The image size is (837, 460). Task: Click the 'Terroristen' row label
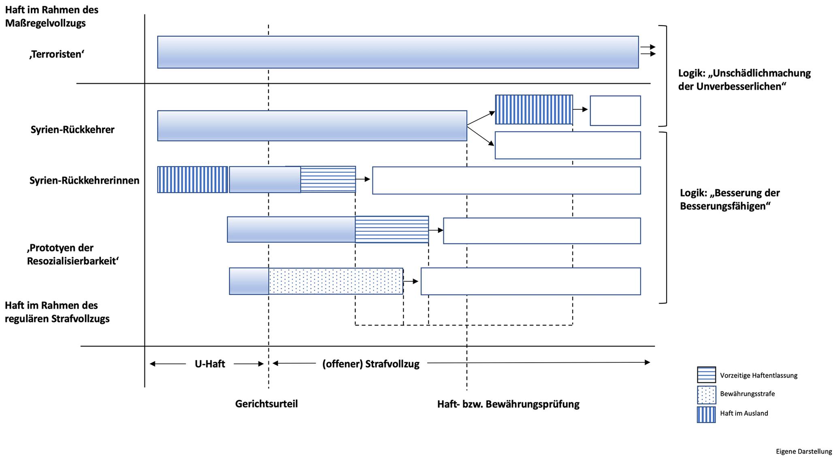pos(57,54)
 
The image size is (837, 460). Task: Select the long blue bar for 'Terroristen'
pos(398,52)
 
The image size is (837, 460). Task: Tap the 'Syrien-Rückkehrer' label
pos(72,130)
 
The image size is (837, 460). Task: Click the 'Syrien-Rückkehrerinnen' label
pos(84,180)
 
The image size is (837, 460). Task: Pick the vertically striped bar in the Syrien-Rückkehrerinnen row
pos(192,180)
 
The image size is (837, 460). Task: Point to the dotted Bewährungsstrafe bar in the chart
pos(336,281)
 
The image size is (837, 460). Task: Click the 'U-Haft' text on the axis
pos(209,364)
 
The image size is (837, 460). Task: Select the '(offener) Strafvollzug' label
pos(371,364)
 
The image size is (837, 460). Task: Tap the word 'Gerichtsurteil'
pos(266,404)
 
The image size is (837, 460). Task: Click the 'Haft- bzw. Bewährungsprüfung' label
pos(508,404)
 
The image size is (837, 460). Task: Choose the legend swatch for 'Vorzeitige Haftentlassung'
pos(706,375)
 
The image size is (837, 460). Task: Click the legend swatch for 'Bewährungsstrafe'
pos(706,395)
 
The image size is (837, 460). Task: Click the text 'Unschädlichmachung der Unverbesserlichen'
pos(744,80)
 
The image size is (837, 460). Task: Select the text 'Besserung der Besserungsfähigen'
pos(730,199)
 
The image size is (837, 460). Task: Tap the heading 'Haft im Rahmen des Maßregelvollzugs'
pos(51,16)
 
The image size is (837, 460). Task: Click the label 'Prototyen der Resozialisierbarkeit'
pos(72,255)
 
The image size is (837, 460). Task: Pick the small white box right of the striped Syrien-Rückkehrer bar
pos(615,111)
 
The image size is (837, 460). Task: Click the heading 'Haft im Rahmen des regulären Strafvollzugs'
pos(57,312)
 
